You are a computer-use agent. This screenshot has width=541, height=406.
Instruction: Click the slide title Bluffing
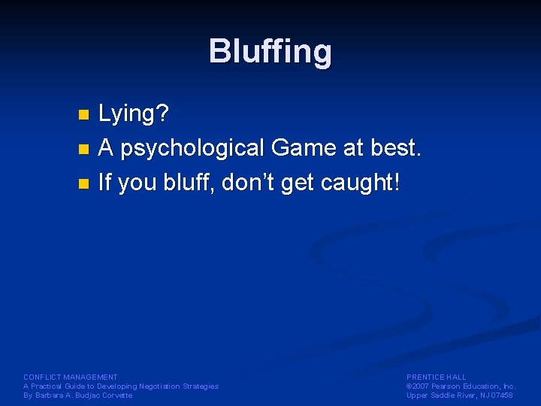click(x=270, y=52)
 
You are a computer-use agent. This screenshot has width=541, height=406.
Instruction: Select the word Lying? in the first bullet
click(x=134, y=115)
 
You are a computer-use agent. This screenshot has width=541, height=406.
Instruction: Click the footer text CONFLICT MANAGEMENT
click(x=71, y=377)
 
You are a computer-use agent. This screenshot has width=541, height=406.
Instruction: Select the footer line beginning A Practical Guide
click(x=121, y=386)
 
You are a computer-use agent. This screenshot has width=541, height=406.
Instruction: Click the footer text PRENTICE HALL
click(x=437, y=377)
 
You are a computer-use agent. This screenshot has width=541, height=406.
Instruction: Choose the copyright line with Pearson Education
click(x=461, y=386)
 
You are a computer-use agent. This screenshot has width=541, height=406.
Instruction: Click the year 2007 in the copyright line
click(x=422, y=386)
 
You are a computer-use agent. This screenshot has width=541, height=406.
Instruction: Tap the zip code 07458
click(x=502, y=395)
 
